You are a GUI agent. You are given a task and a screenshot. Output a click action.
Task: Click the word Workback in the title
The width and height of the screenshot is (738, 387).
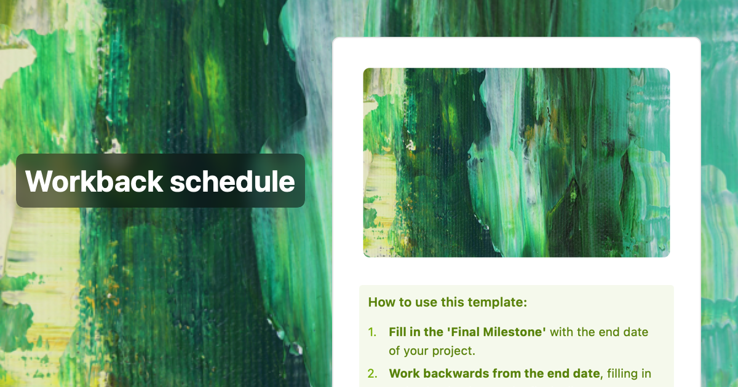point(94,181)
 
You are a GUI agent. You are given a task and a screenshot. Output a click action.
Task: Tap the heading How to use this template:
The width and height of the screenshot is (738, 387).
point(448,302)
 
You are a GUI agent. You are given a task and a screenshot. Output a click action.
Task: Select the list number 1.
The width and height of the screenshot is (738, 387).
point(371,332)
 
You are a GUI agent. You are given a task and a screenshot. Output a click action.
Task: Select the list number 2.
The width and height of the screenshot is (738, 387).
point(372,373)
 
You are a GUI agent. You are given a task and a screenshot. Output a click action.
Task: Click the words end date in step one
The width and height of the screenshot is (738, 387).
point(626,332)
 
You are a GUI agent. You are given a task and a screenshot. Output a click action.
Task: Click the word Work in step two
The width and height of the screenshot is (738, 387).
point(402,373)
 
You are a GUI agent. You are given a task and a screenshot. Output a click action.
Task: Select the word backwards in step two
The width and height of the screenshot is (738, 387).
point(448,373)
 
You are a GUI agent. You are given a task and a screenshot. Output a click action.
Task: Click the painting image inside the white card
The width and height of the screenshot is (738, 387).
point(517,162)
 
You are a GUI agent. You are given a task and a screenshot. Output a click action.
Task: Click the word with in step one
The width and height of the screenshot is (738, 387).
point(562,332)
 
